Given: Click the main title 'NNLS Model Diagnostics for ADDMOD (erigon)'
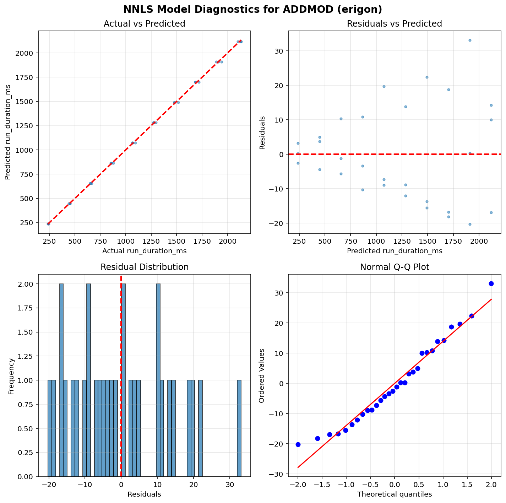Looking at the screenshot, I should coord(253,9).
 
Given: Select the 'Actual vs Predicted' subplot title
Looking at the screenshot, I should coord(144,24).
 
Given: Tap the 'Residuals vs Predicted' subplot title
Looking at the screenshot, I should coord(394,24).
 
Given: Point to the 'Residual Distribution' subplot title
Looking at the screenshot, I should coord(144,267).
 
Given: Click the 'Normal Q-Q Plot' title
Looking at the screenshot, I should coord(395,267).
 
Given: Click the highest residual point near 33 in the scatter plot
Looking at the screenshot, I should coord(470,40).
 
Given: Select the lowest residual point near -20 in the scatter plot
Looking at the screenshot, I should coord(470,224).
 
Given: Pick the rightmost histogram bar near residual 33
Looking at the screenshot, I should coord(239,428).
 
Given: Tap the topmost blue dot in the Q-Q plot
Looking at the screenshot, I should coord(491,283).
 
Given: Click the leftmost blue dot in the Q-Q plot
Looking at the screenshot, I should coord(298,444).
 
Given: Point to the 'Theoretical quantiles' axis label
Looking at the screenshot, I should coord(395,494).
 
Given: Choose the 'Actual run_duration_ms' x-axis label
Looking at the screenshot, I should coord(144,251).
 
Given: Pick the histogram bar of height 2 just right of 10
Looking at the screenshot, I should coord(158,380).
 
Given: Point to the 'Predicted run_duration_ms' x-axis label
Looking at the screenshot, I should coord(395,251).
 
